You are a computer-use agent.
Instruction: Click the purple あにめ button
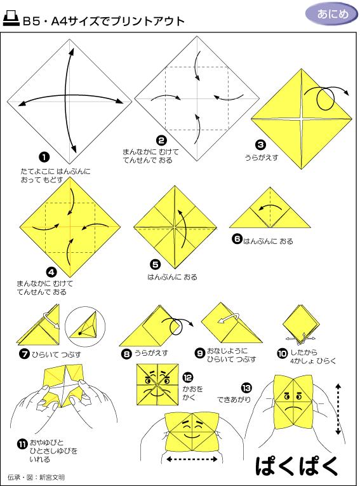(x=329, y=14)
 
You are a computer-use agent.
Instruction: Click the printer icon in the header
(x=11, y=20)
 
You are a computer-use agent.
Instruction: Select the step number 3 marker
(x=260, y=145)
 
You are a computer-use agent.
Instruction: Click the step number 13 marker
(x=245, y=387)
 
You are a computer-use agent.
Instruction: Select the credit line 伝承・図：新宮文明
(x=36, y=476)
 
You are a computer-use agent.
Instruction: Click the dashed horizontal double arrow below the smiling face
(x=192, y=459)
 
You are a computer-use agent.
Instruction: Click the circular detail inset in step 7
(x=84, y=326)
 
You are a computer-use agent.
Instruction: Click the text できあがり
(x=234, y=400)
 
